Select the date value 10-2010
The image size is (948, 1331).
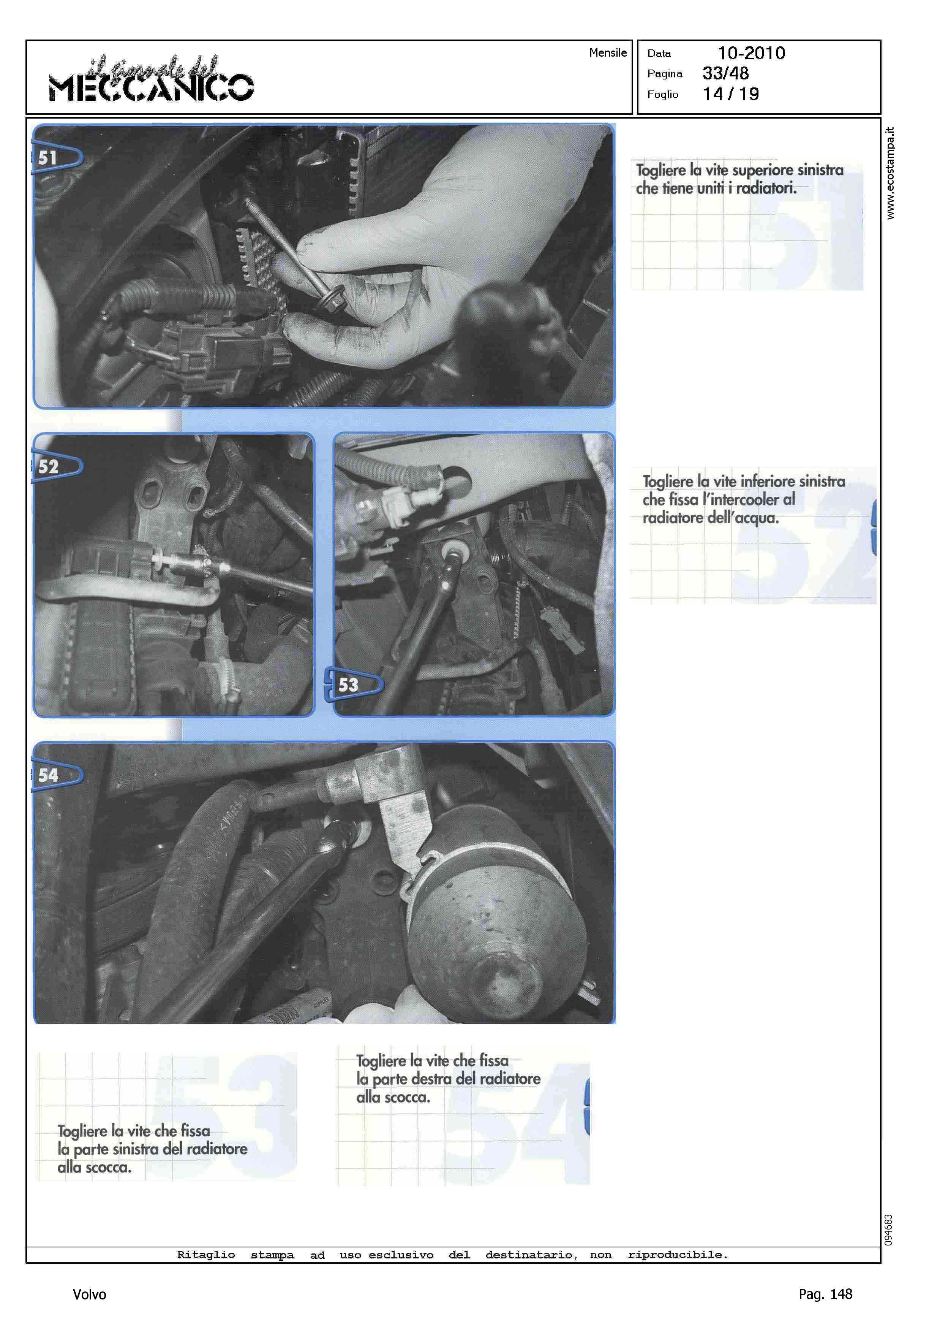pos(751,53)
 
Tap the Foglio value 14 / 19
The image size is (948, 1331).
pos(731,94)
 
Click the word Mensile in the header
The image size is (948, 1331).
pos(608,52)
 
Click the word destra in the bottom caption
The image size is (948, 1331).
pos(431,1079)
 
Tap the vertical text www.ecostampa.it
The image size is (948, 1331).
pos(890,173)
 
